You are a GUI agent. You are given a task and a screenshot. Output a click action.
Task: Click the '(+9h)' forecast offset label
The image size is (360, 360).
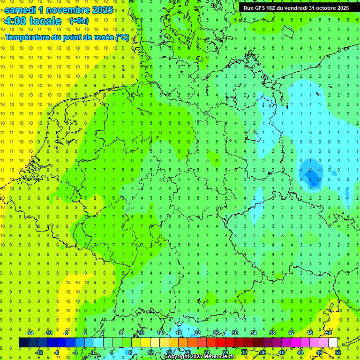tap(78, 21)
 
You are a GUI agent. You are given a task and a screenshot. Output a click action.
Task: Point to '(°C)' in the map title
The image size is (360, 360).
tap(122, 37)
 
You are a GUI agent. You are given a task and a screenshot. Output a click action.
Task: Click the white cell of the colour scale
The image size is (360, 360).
tap(333, 343)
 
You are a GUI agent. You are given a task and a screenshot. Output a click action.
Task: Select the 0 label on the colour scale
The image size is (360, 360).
tap(93, 352)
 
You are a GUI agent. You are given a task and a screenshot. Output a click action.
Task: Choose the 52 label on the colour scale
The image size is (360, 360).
tap(338, 352)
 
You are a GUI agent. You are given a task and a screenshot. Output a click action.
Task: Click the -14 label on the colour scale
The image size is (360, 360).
tap(30, 333)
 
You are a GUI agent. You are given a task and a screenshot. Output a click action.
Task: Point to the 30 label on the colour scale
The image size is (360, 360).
tap(235, 333)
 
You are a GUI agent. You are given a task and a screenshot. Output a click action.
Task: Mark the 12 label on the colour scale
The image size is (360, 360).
tap(150, 352)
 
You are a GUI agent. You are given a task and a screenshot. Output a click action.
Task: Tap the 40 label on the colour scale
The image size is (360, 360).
tap(282, 352)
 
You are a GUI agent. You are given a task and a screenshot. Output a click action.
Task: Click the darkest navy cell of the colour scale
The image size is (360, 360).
tap(23, 343)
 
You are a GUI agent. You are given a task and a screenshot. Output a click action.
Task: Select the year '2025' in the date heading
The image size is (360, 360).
tap(100, 10)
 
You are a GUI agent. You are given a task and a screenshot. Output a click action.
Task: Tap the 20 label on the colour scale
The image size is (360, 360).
tap(188, 352)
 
